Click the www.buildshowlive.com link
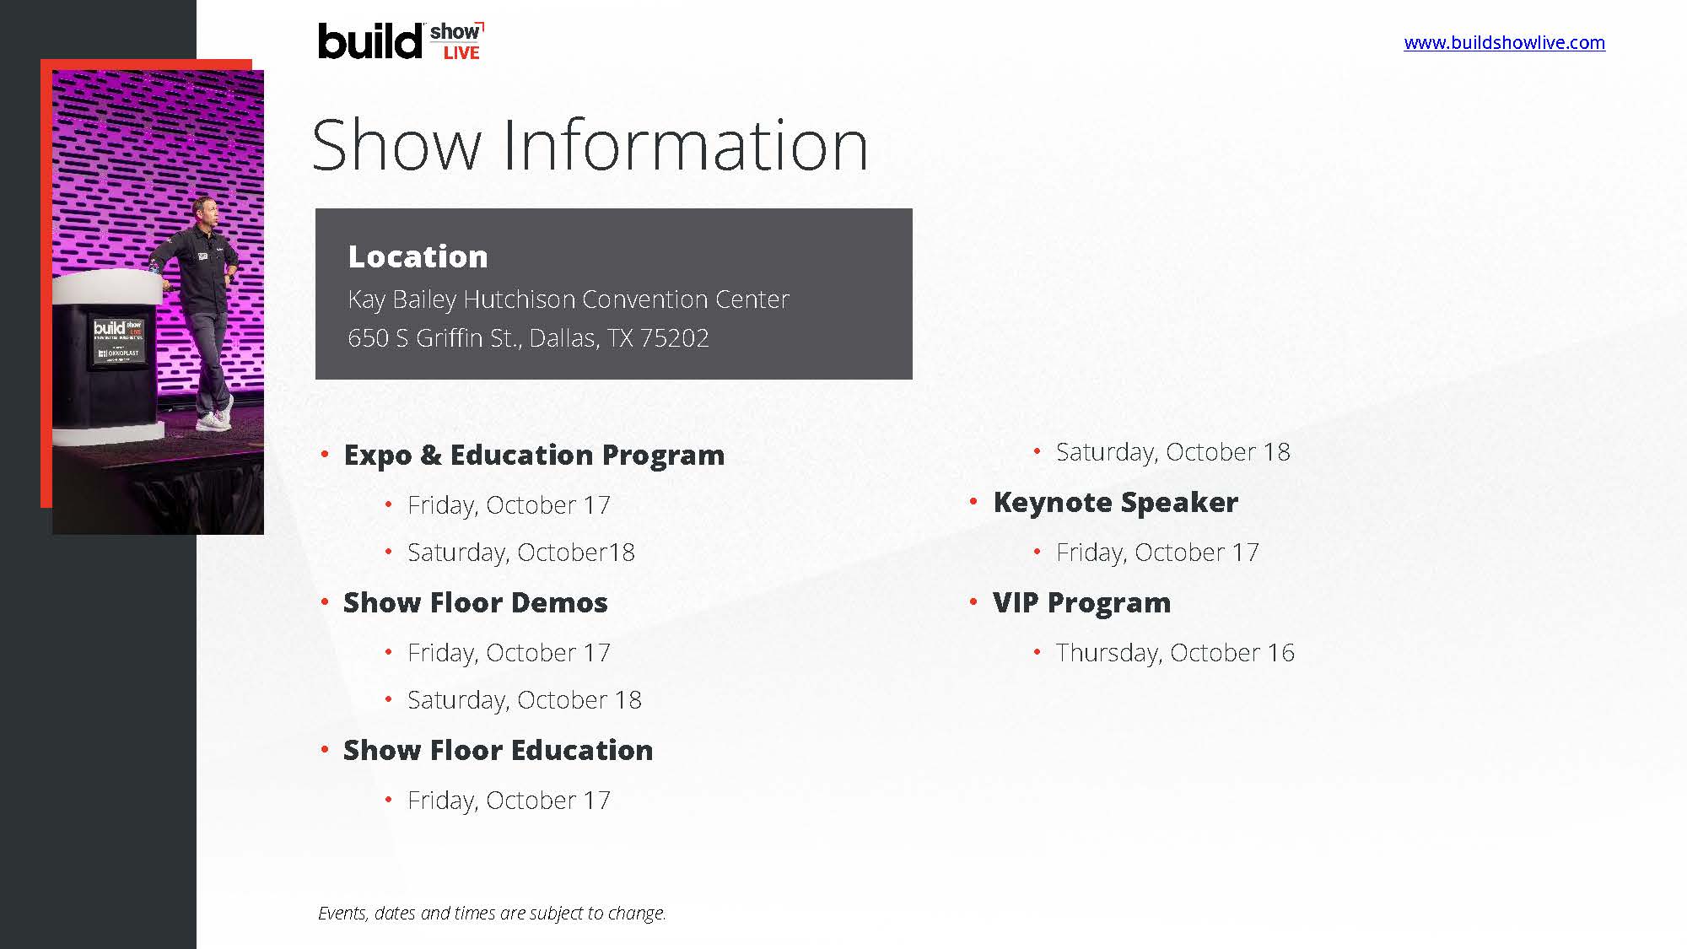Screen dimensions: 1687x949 pyautogui.click(x=1504, y=42)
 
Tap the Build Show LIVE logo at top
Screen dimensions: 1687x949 pyautogui.click(x=402, y=40)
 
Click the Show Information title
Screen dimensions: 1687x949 pyautogui.click(x=590, y=144)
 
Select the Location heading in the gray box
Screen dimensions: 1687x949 pyautogui.click(x=418, y=256)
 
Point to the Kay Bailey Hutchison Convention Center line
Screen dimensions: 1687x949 pyautogui.click(x=569, y=299)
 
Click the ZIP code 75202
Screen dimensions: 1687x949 pyautogui.click(x=674, y=338)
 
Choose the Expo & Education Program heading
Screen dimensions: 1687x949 pyautogui.click(x=534, y=456)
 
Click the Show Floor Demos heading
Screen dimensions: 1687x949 pyautogui.click(x=475, y=602)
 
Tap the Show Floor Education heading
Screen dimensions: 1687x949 pyautogui.click(x=498, y=750)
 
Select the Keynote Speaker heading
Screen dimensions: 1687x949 pyautogui.click(x=1115, y=503)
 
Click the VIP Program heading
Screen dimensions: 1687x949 pyautogui.click(x=1081, y=603)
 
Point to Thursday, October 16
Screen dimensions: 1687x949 pyautogui.click(x=1175, y=653)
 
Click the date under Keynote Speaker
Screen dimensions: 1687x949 pyautogui.click(x=1157, y=553)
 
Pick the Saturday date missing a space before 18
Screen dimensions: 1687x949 pyautogui.click(x=520, y=553)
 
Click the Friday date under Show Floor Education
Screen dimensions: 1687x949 pyautogui.click(x=509, y=801)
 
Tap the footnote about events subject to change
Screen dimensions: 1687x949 pyautogui.click(x=492, y=913)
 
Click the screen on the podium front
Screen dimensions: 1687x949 pyautogui.click(x=118, y=341)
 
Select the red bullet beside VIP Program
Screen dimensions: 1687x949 pyautogui.click(x=973, y=602)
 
